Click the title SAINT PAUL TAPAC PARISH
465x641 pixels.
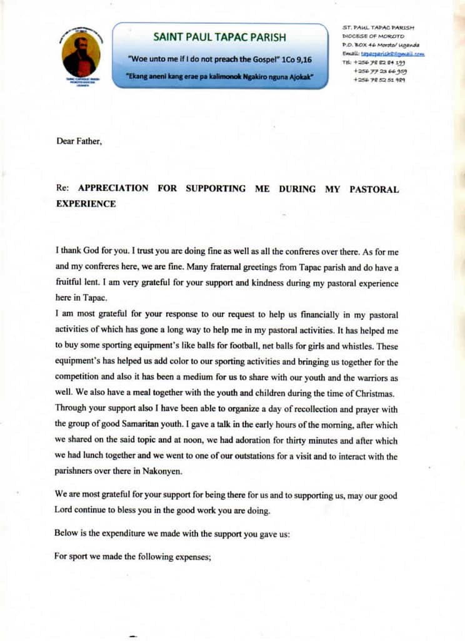219,37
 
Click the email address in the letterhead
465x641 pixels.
392,54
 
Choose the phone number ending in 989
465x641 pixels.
379,79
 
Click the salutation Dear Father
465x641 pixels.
79,141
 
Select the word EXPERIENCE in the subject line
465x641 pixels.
86,203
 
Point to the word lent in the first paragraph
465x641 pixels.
94,282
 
